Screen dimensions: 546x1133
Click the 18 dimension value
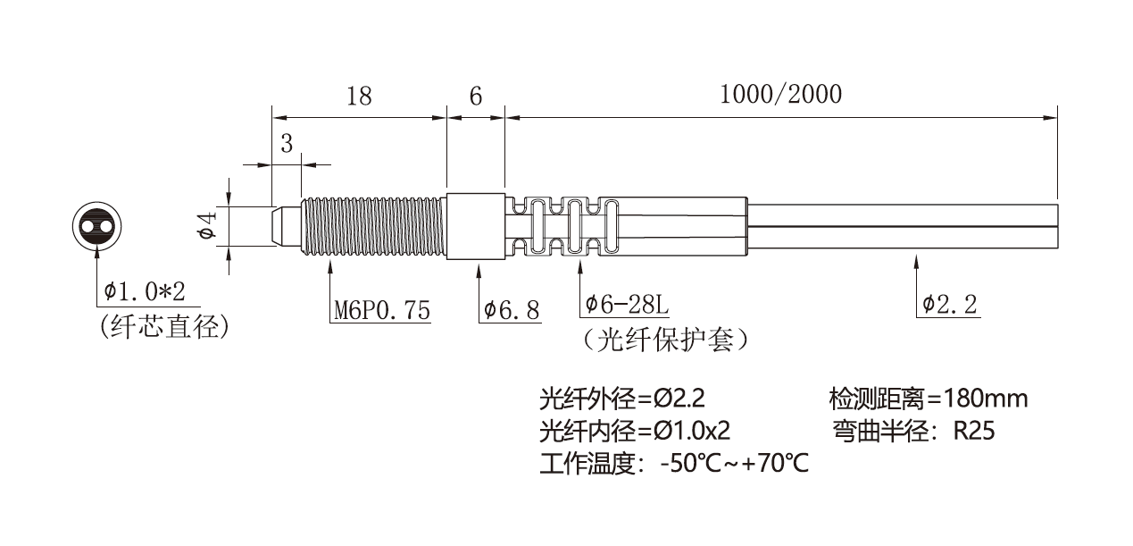[359, 96]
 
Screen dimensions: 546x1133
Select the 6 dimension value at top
[475, 96]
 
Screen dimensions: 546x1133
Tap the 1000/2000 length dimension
[780, 95]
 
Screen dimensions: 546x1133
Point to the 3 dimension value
[287, 144]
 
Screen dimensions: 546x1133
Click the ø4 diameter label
[207, 225]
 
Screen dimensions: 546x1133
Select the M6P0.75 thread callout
[381, 310]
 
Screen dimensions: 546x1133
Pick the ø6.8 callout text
[512, 310]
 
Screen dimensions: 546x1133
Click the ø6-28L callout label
[626, 305]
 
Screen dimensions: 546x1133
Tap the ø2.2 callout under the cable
[950, 305]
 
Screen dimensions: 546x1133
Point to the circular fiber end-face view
[96, 226]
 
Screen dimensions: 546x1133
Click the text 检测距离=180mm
[928, 398]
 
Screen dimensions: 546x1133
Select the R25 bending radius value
[973, 431]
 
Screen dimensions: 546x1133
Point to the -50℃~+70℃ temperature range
[734, 465]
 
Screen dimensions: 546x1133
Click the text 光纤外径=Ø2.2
[628, 398]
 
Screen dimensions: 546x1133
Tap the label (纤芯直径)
[165, 326]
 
